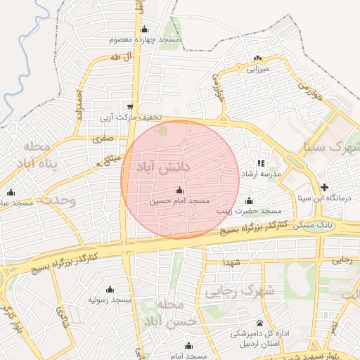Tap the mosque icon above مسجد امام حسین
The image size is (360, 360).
pos(179,191)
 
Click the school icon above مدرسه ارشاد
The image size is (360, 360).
pos(262,163)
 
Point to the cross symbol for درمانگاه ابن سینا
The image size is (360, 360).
pos(323,187)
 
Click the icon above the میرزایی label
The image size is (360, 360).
pos(258,58)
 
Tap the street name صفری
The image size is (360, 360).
pos(102,140)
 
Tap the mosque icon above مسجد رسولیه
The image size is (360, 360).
pos(110,289)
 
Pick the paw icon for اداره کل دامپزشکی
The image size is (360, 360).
pos(259,323)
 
